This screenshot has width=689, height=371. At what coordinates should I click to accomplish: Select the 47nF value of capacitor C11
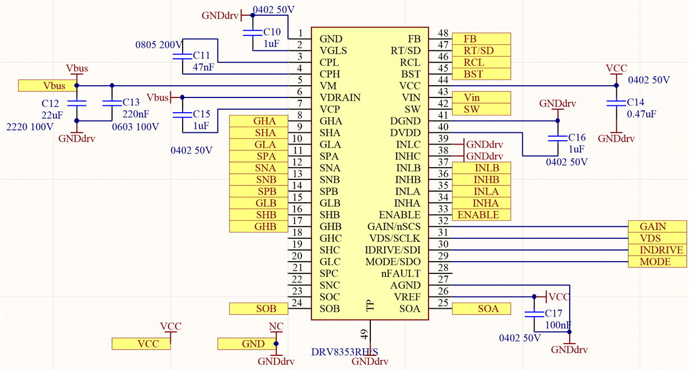[x=203, y=67]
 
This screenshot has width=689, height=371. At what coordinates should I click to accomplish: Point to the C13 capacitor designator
[x=131, y=103]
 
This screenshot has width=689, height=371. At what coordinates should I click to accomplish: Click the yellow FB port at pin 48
[x=481, y=39]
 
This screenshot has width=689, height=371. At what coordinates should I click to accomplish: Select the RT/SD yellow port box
[x=481, y=50]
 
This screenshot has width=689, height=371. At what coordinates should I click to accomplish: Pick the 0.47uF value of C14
[x=641, y=114]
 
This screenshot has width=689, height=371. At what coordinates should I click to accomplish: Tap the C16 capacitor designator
[x=576, y=138]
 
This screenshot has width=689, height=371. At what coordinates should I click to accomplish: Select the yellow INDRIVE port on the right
[x=657, y=250]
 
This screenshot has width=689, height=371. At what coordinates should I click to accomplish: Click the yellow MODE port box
[x=657, y=262]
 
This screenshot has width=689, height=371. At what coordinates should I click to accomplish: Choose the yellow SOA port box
[x=481, y=308]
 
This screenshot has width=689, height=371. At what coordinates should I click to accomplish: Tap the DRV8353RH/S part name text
[x=344, y=352]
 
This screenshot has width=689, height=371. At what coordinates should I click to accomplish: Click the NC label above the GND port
[x=276, y=326]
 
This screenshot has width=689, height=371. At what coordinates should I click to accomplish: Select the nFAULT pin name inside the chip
[x=401, y=273]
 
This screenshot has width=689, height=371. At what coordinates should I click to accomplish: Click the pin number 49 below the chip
[x=365, y=335]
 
